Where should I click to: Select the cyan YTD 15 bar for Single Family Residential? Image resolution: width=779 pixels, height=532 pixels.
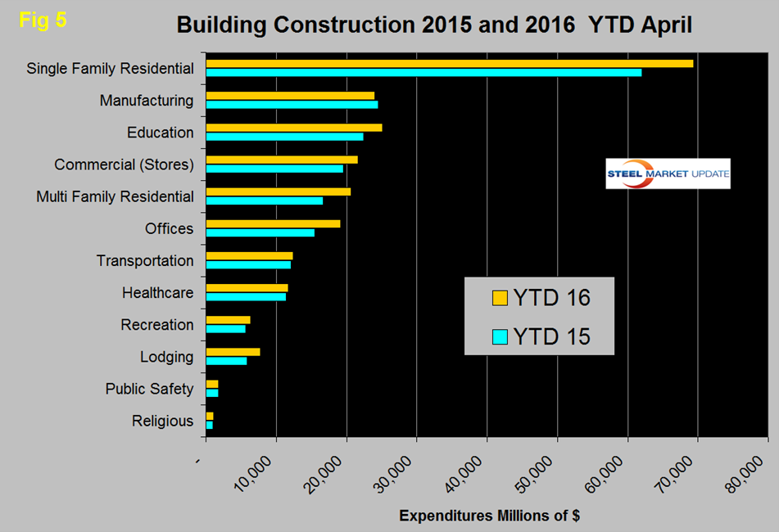[423, 73]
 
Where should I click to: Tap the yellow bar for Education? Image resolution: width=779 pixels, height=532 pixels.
[294, 128]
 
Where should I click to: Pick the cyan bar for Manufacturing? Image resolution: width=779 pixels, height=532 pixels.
[292, 105]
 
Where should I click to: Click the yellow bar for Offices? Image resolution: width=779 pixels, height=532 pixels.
[273, 223]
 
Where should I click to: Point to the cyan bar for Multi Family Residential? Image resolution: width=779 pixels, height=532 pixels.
[264, 201]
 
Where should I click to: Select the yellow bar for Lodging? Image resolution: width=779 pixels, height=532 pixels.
[233, 352]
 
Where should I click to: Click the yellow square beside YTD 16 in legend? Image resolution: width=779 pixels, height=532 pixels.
[500, 298]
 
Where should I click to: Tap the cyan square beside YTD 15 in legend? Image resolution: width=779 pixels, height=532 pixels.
[500, 336]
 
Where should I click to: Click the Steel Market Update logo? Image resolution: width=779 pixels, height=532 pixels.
[668, 174]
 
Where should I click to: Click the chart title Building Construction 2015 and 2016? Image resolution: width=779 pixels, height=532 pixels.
[434, 25]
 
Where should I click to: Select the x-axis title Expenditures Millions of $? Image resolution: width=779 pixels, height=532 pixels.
[489, 516]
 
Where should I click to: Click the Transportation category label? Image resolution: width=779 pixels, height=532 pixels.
[145, 261]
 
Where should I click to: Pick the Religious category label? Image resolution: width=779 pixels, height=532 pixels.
[163, 422]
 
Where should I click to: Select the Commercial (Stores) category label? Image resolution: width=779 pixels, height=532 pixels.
[124, 165]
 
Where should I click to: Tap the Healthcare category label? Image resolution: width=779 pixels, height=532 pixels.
[158, 293]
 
